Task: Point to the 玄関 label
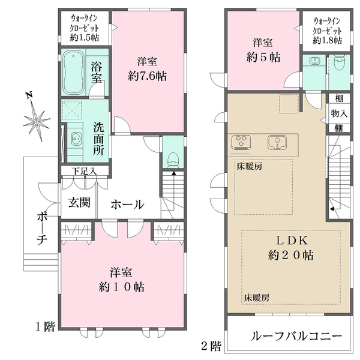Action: coord(78,203)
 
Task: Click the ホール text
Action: coord(127,204)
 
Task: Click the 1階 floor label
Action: coord(45,327)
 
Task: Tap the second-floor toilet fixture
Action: coord(340,62)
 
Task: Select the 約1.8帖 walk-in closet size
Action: coord(327,41)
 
